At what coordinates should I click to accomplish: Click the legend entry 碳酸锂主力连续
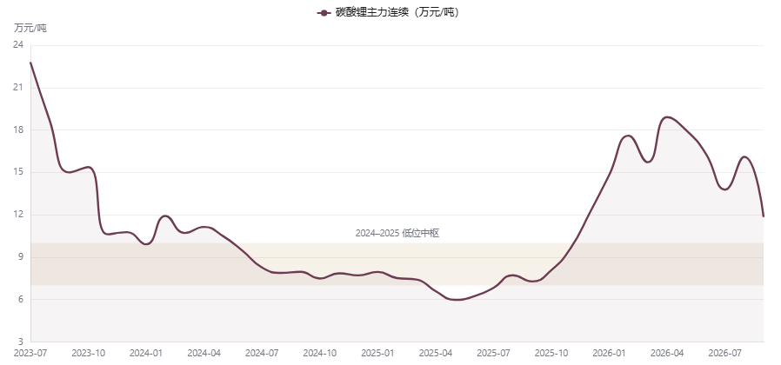[x=389, y=13]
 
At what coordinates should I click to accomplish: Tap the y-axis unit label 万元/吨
[x=30, y=29]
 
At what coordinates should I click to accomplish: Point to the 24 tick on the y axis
[x=18, y=45]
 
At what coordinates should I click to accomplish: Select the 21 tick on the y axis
[x=18, y=88]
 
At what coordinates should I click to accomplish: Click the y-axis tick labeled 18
[x=18, y=130]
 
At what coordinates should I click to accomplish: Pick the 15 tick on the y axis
[x=18, y=172]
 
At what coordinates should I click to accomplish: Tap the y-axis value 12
[x=18, y=215]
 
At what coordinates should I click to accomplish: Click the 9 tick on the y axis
[x=21, y=257]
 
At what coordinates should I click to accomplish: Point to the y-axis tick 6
[x=21, y=299]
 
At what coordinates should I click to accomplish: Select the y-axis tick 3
[x=21, y=342]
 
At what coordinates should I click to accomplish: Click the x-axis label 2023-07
[x=30, y=353]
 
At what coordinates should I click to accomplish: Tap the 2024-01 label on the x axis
[x=146, y=353]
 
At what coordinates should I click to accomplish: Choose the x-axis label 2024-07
[x=262, y=353]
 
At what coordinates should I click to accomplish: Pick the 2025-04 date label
[x=436, y=353]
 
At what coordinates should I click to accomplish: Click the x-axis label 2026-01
[x=609, y=353]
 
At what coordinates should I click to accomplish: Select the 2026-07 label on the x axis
[x=725, y=353]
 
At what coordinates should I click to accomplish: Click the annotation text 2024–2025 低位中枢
[x=397, y=233]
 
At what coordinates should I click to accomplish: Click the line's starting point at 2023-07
[x=31, y=63]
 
